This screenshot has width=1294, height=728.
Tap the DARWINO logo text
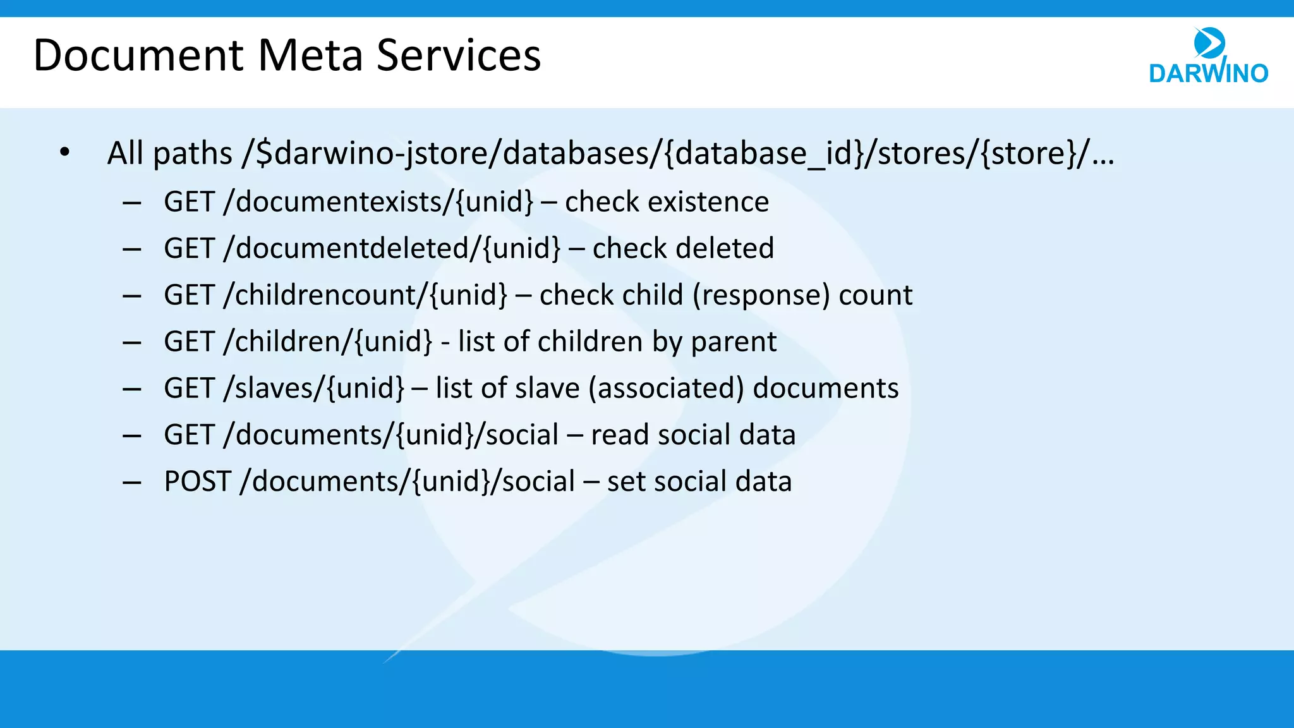pyautogui.click(x=1208, y=73)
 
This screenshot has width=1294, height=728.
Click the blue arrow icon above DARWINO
pyautogui.click(x=1209, y=43)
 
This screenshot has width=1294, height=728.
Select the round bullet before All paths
pyautogui.click(x=64, y=152)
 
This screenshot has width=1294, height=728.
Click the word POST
pyautogui.click(x=197, y=482)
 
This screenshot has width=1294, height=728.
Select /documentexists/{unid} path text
pyautogui.click(x=378, y=202)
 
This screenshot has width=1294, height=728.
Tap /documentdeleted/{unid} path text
pyautogui.click(x=392, y=248)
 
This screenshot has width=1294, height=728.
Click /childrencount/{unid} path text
pyautogui.click(x=365, y=295)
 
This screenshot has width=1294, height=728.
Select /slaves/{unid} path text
pyautogui.click(x=313, y=388)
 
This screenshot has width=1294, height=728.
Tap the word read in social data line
pyautogui.click(x=620, y=435)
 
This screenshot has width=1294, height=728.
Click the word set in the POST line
pyautogui.click(x=626, y=482)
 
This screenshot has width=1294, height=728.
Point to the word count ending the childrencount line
pyautogui.click(x=875, y=295)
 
